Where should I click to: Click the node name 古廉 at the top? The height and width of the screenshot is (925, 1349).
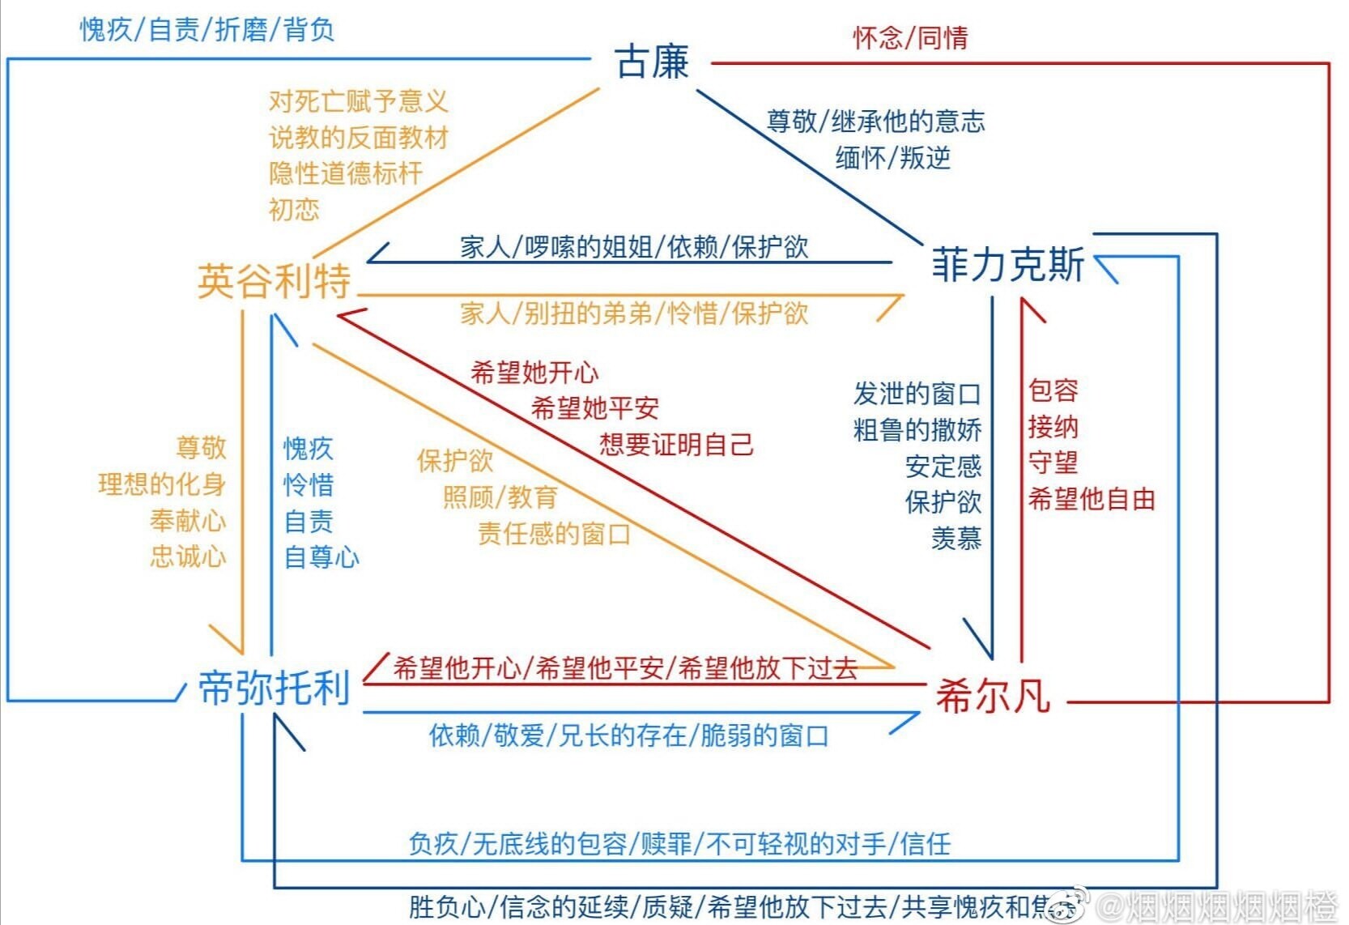point(652,62)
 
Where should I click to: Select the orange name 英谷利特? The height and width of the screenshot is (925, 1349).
point(274,281)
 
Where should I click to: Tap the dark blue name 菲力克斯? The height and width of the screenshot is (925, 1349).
point(1007,265)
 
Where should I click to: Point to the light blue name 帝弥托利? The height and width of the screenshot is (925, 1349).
point(274,688)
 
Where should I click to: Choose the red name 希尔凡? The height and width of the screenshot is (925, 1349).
point(993,696)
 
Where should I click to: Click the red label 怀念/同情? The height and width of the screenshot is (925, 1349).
point(909,37)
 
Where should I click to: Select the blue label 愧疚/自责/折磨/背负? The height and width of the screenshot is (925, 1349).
point(206,30)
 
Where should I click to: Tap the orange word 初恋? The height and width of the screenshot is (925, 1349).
point(294,209)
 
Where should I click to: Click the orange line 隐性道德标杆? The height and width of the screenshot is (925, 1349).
point(346,173)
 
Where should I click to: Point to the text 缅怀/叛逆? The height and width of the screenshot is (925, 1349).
point(892,157)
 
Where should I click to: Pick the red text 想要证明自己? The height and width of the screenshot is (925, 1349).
point(676,444)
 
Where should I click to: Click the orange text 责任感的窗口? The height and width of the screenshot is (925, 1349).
point(554,534)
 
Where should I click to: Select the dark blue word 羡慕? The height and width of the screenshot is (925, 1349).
point(956,538)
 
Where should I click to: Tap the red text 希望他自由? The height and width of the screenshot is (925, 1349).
point(1091,499)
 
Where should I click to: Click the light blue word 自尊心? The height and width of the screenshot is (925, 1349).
point(321,556)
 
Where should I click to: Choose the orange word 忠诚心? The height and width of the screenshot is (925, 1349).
point(188,556)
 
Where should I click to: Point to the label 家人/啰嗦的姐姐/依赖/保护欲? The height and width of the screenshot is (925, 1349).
point(634,247)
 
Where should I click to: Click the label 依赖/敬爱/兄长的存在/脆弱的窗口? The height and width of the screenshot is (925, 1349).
point(628,735)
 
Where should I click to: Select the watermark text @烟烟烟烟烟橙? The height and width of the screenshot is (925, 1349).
point(1219,906)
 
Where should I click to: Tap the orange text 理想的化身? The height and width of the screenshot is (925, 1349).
point(162,484)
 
